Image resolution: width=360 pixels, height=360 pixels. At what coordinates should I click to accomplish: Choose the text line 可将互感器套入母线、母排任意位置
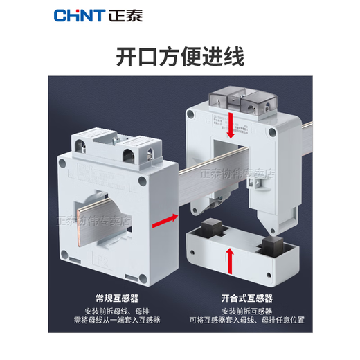coord(242,321)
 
